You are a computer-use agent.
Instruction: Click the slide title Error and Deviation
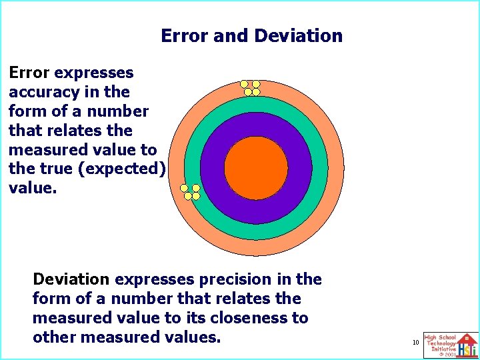click(x=251, y=36)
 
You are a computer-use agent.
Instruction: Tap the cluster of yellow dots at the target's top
click(x=251, y=87)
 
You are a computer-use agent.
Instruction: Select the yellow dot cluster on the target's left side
click(x=191, y=192)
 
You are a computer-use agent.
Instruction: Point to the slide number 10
click(x=415, y=343)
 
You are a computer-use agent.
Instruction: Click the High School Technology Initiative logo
click(x=450, y=345)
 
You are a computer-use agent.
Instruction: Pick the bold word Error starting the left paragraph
click(x=30, y=73)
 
